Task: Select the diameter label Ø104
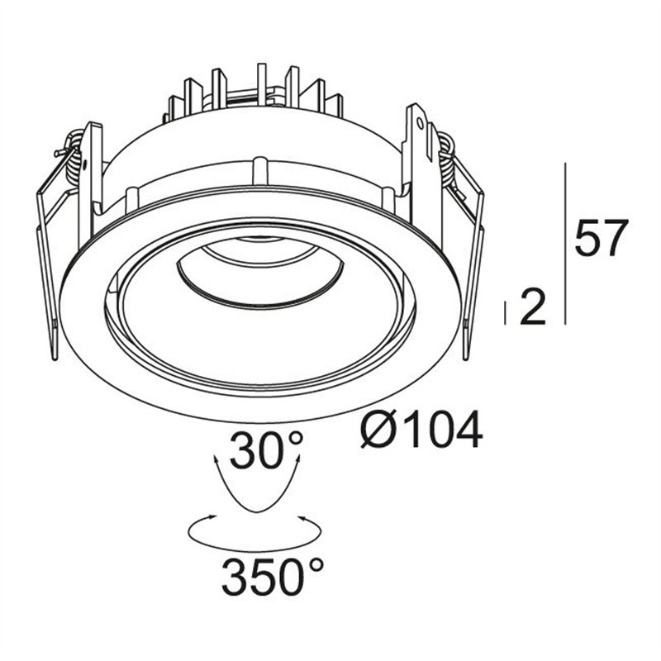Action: (421, 430)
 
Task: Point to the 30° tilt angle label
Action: (266, 449)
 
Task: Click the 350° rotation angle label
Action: (273, 575)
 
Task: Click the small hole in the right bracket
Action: (420, 122)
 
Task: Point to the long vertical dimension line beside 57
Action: (565, 244)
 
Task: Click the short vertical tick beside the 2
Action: (505, 313)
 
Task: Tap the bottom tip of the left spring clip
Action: (55, 359)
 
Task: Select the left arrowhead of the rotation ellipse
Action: (212, 516)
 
